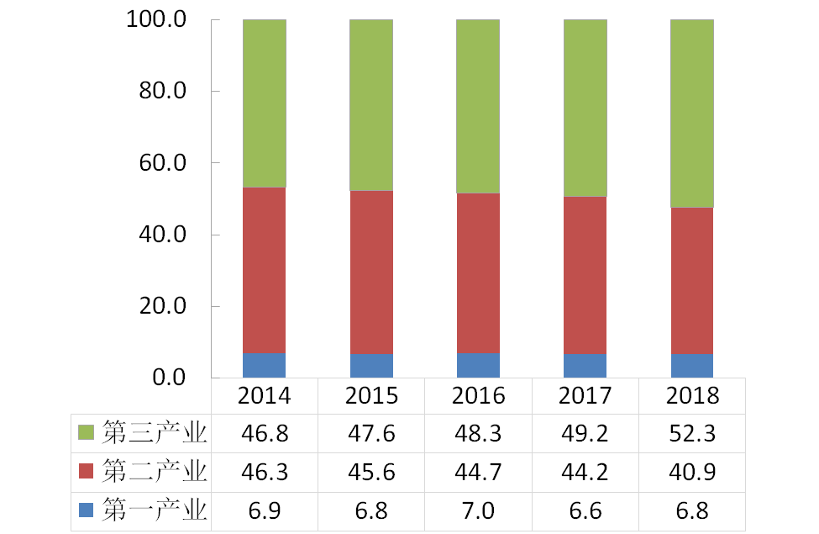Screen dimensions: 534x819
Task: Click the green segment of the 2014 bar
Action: coord(265,103)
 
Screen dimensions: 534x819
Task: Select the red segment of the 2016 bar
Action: coord(478,273)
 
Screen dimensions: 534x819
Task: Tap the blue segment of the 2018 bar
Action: coord(691,366)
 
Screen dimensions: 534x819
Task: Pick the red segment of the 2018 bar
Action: coord(691,281)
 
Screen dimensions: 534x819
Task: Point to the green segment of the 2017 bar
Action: coord(585,108)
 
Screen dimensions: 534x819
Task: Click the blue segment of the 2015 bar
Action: coord(371,366)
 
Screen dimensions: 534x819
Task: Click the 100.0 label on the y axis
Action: coord(159,19)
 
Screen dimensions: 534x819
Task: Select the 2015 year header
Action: coord(371,396)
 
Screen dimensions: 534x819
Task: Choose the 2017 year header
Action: coord(585,396)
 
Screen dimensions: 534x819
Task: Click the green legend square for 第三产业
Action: coord(86,433)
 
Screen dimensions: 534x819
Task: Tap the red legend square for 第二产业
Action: coord(86,471)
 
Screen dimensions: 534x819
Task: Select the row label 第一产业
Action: coord(154,510)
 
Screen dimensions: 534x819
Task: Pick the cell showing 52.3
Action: coord(691,433)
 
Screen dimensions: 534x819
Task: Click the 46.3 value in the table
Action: coord(265,472)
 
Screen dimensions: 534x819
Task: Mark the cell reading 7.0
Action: coord(478,510)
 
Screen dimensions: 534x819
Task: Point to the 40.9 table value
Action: coord(691,472)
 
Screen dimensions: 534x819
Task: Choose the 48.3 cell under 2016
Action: coord(478,433)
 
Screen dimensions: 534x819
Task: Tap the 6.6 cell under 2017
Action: coord(585,510)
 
